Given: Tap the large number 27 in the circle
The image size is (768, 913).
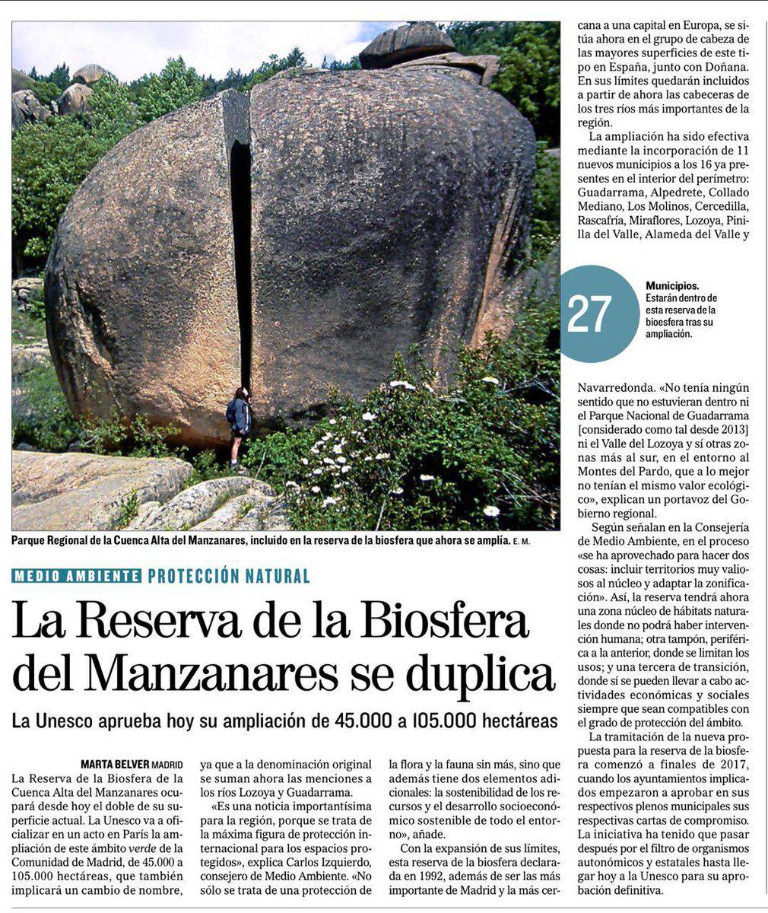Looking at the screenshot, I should point(589,313).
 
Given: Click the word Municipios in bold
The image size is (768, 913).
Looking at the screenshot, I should point(673,285).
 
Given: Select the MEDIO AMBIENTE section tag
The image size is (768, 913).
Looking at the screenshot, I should point(77,576).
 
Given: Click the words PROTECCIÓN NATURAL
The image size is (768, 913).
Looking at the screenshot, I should point(229,576).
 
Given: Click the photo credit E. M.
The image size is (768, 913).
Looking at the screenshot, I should point(520,541).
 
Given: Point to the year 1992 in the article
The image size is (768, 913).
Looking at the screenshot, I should point(421,876).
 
